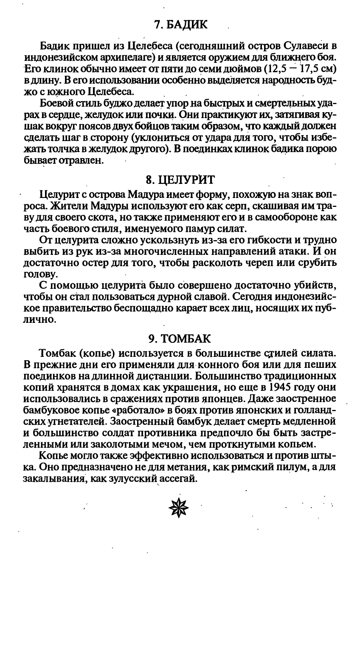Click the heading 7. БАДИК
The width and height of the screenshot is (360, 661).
pyautogui.click(x=180, y=25)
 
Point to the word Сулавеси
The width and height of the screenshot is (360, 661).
pyautogui.click(x=304, y=45)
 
